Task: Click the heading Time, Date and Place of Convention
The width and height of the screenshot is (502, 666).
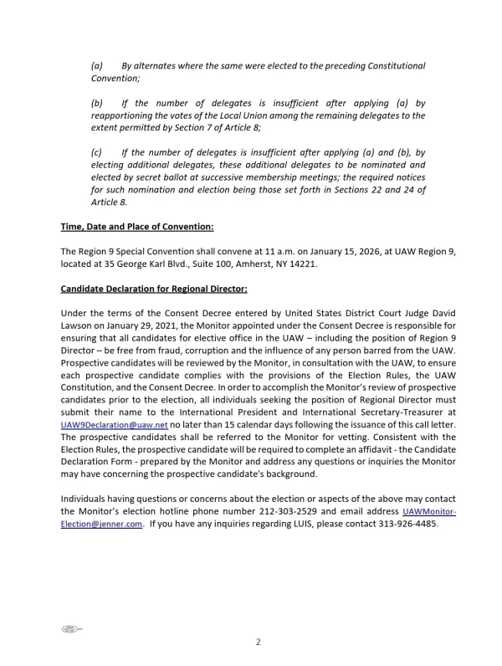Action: click(137, 227)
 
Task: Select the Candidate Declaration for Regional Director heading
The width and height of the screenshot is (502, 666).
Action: click(154, 289)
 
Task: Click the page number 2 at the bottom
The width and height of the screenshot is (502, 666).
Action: click(259, 642)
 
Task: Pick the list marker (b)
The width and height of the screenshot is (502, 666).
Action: click(97, 104)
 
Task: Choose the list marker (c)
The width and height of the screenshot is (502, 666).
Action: click(96, 153)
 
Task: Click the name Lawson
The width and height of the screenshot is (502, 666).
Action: click(80, 325)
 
